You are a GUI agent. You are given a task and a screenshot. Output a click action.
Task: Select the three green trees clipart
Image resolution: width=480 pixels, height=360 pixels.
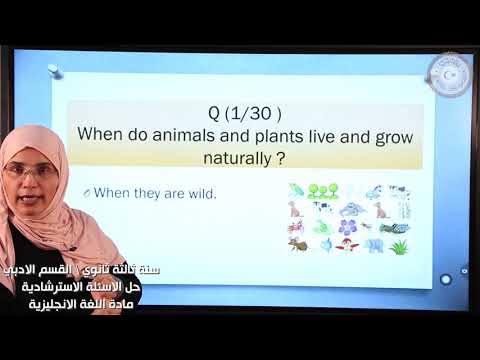click(321, 189)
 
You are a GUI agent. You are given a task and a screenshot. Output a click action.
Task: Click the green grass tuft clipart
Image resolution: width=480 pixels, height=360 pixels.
click(399, 246)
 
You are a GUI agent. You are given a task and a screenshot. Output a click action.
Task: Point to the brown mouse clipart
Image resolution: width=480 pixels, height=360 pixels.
click(296, 209)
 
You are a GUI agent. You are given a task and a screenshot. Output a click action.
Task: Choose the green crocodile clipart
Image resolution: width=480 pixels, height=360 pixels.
click(395, 228)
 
